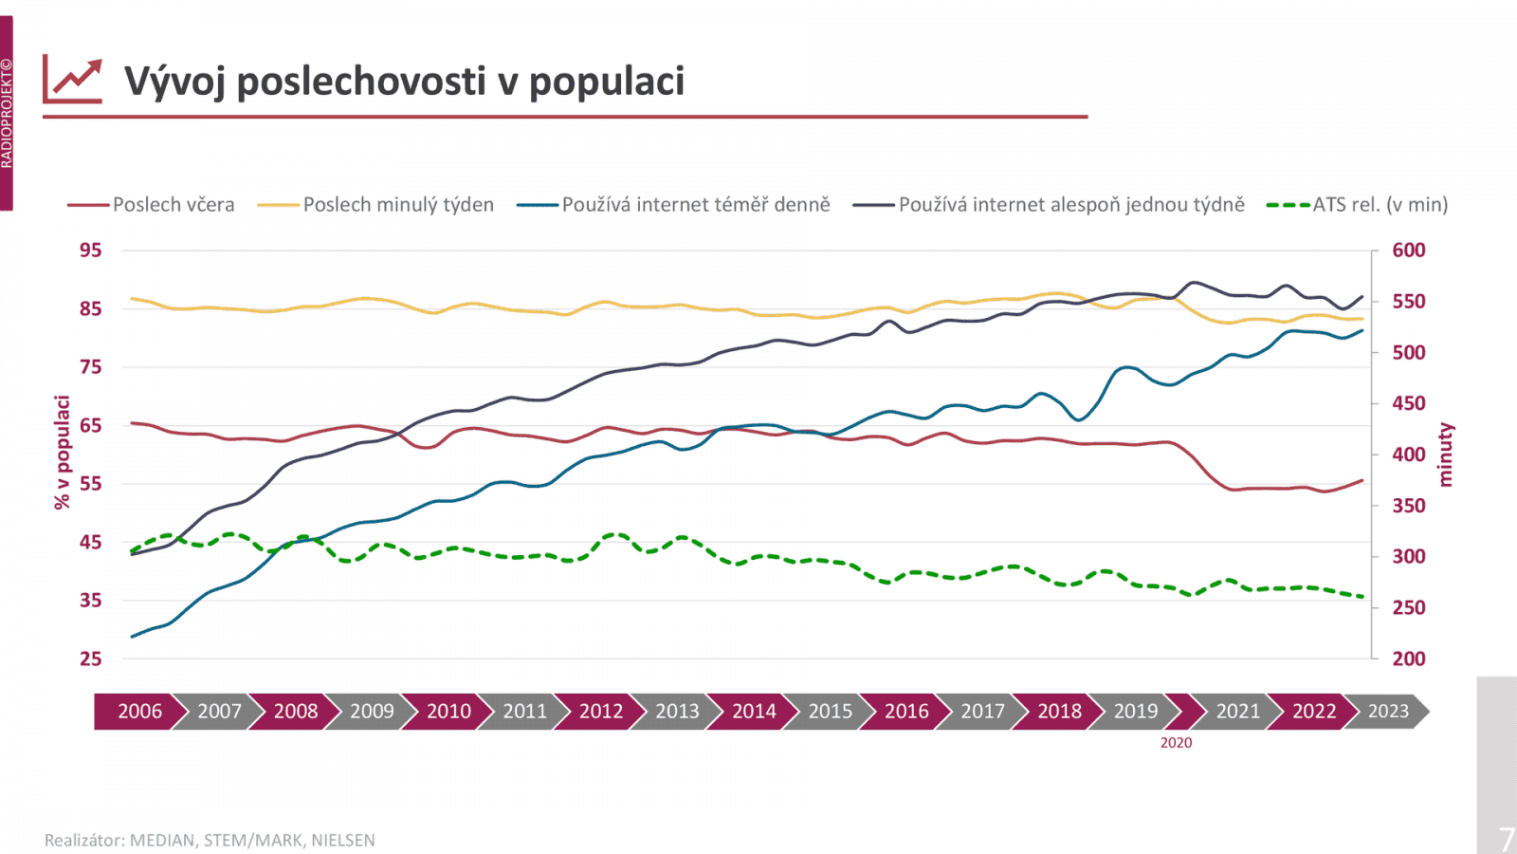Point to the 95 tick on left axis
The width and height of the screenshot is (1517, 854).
(90, 251)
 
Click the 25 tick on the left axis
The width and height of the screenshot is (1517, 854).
(90, 659)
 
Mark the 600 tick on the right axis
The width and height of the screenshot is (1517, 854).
(1408, 251)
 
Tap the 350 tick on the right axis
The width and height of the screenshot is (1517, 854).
(1408, 506)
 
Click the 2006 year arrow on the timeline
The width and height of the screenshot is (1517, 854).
(139, 712)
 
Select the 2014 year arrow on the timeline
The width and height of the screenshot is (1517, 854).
(754, 712)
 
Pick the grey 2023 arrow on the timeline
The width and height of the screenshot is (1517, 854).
(1388, 712)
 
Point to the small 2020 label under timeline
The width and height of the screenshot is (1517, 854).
(1176, 743)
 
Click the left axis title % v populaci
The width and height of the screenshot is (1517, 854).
(63, 453)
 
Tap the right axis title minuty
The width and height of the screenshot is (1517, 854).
(1445, 455)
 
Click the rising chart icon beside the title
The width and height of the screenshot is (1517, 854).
(72, 81)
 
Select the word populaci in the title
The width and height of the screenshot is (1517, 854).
(606, 82)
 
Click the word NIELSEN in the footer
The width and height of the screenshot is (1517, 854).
(343, 841)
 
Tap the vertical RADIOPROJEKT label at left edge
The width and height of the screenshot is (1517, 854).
(7, 114)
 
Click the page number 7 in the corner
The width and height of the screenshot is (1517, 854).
(1506, 839)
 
